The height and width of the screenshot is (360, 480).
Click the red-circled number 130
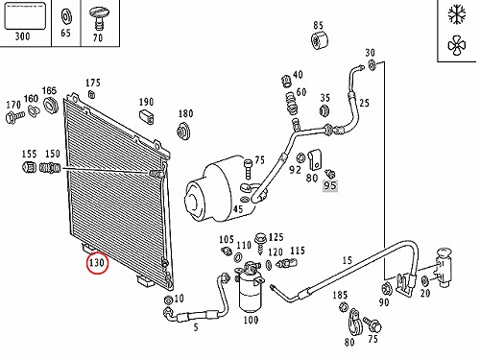pos(97,263)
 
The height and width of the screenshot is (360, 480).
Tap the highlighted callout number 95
pos(330,185)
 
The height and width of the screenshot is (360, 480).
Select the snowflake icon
pos(457,15)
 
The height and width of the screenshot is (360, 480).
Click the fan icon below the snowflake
pos(457,45)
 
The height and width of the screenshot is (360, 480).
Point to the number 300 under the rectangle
pos(22,36)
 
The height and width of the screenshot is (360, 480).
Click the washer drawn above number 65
pos(66,18)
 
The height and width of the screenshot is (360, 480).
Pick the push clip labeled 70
pos(97,18)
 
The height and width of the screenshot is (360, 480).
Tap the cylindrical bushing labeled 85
pos(321,40)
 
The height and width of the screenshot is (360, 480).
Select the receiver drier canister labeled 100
pos(252,287)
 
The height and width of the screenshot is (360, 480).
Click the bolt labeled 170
pos(14,116)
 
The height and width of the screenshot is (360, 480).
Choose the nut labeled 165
pos(50,106)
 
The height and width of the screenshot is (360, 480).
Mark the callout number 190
pos(146,102)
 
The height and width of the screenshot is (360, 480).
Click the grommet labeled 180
pos(183,132)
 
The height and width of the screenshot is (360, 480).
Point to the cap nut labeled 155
pos(29,167)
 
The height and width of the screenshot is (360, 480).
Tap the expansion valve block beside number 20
pos(444,267)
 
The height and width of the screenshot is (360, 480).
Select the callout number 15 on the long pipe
pos(348,260)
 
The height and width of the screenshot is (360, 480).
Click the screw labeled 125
pos(260,244)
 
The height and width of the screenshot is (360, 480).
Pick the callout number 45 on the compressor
pos(238,209)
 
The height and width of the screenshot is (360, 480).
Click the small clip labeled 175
pos(91,94)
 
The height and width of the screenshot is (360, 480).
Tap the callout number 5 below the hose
pos(196,327)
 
